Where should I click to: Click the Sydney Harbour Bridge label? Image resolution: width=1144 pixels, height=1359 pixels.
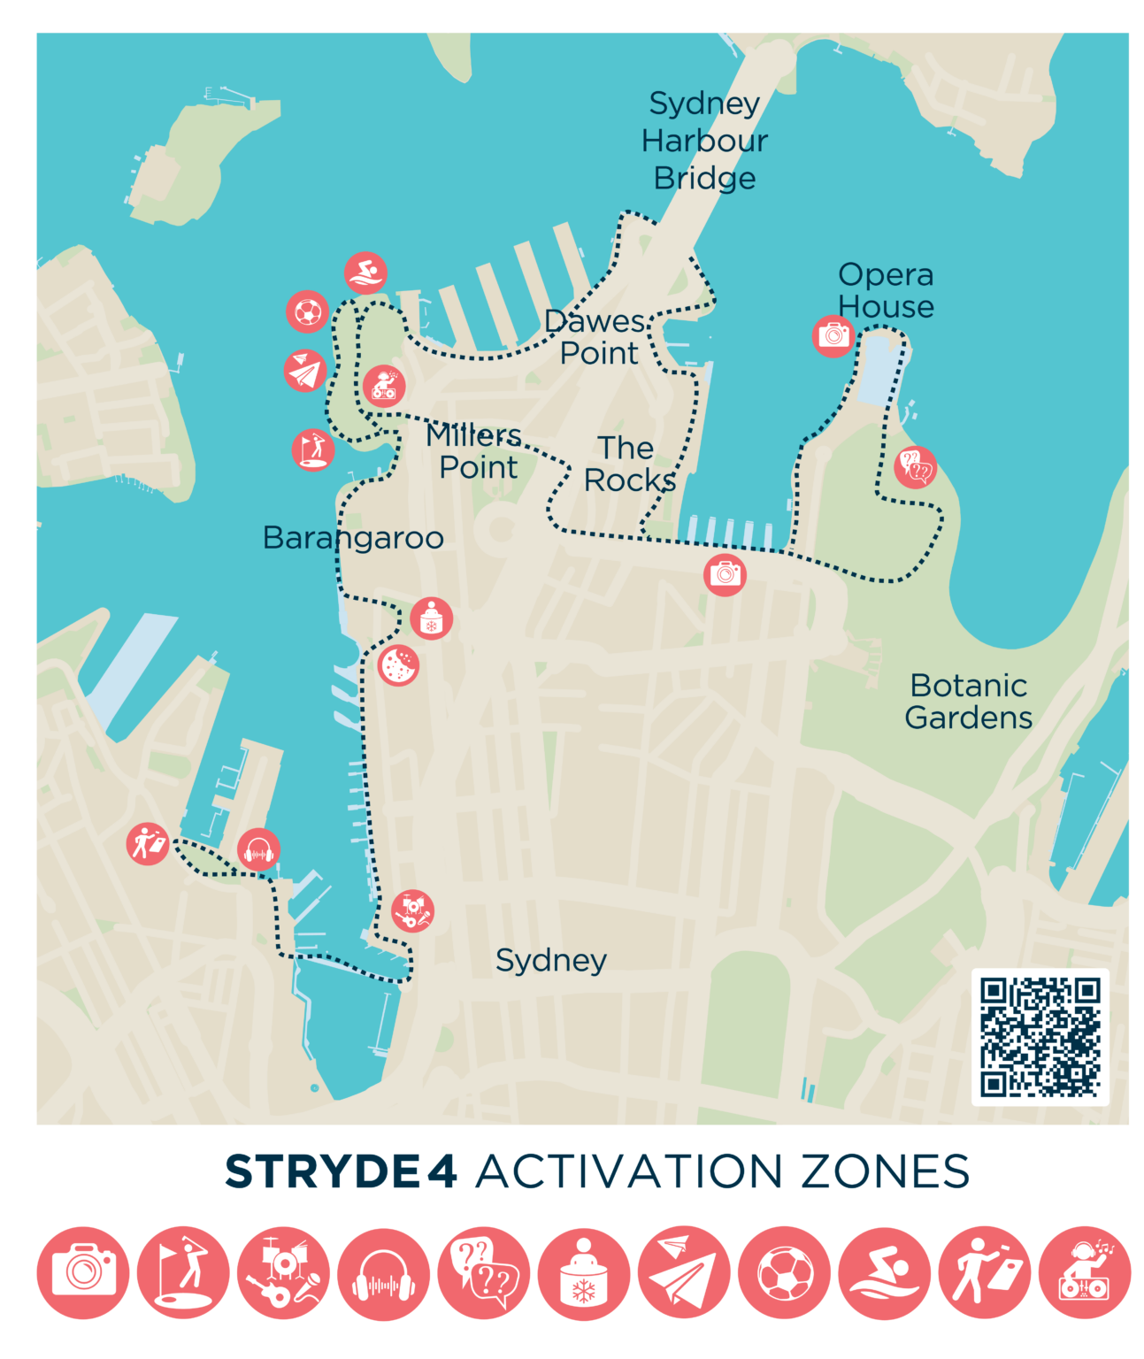coord(704,141)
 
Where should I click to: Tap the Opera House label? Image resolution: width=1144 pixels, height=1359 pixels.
coord(886,290)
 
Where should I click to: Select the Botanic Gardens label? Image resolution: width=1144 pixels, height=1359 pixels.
coord(968,702)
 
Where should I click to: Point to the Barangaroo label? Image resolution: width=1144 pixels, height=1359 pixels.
coord(353,538)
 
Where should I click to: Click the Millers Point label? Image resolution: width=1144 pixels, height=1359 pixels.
coord(475,451)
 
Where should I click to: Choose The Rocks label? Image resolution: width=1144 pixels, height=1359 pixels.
coord(628,465)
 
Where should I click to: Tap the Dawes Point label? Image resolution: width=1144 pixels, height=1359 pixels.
coord(596,337)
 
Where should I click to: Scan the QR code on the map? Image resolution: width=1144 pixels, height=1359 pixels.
coord(1040,1037)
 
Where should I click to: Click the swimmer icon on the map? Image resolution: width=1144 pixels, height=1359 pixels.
coord(365,273)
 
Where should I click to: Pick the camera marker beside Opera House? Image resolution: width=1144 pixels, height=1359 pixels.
coord(833,335)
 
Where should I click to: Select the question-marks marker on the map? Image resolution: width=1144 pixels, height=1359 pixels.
coord(915,466)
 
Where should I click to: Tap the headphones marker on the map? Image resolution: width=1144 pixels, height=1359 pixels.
coord(259,850)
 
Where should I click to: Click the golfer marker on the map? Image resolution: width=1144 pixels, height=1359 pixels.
coord(313,449)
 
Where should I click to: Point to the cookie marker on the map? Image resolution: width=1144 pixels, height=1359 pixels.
coord(398,664)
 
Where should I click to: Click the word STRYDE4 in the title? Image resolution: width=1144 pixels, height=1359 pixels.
coord(341,1171)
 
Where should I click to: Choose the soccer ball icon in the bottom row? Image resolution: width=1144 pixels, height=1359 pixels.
coord(784,1273)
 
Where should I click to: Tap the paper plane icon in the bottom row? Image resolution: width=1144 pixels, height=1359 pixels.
coord(684,1273)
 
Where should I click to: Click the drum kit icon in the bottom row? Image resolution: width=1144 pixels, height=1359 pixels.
coord(283,1273)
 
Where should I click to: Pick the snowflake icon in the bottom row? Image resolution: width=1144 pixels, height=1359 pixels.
coord(584,1273)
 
